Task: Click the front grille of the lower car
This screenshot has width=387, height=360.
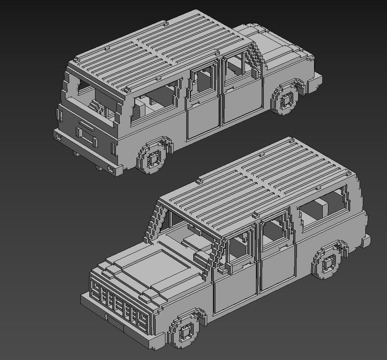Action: click(119, 303)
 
